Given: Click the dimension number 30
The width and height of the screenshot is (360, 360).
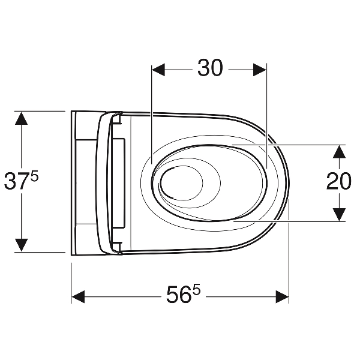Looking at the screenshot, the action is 210,68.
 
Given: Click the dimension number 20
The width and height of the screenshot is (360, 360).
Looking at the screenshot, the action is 339,181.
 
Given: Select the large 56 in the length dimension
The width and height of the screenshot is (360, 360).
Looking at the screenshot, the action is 179,295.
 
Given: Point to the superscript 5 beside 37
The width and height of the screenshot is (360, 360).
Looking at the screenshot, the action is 34,177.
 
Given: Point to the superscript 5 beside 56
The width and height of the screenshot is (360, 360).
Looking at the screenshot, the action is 196,290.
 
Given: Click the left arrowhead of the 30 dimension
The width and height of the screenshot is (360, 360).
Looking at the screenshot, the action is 158,70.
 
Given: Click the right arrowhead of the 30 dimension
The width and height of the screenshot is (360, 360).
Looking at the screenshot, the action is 260,70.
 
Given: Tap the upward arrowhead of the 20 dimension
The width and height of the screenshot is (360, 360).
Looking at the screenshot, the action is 340,152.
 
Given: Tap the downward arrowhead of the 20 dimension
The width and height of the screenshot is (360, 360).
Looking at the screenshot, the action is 340,215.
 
